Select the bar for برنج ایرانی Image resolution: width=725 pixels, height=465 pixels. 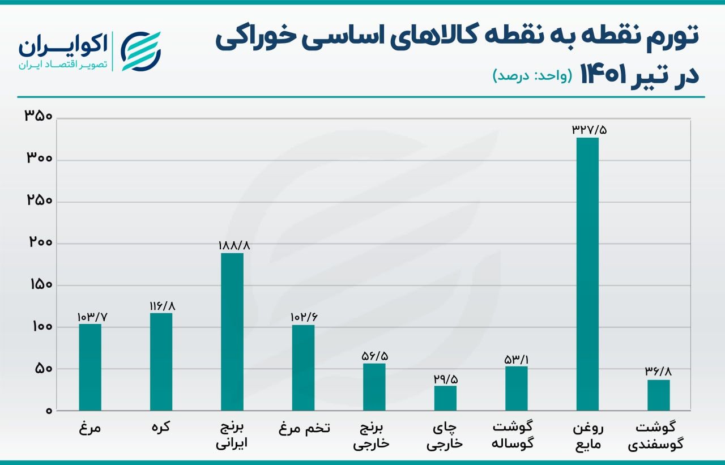[x=232, y=332]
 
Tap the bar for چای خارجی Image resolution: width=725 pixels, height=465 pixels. [x=445, y=398]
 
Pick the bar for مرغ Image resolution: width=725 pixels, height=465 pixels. [x=90, y=367]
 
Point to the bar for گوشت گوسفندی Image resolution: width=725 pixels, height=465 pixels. [x=658, y=395]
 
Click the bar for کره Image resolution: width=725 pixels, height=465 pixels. [x=161, y=362]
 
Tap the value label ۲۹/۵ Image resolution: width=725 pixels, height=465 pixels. [x=445, y=378]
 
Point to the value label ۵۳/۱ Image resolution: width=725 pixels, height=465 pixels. [x=516, y=359]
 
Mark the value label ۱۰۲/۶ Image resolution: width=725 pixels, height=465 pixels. [x=304, y=317]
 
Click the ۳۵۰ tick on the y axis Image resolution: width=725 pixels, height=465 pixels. [x=39, y=117]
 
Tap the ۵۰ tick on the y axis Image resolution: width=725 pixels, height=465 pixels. [x=42, y=369]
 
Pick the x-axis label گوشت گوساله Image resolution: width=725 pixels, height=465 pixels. [x=515, y=435]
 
